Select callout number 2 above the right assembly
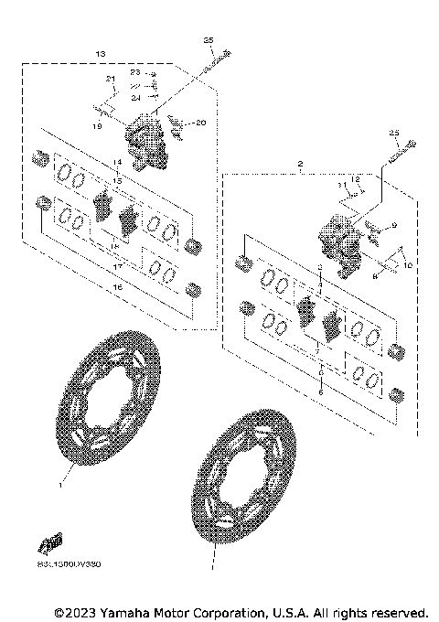point(299,165)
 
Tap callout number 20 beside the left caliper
point(202,123)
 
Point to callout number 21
point(111,80)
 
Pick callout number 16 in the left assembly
point(115,288)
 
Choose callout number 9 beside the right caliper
point(393,225)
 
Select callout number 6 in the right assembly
point(320,391)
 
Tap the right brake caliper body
point(339,241)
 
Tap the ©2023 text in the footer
point(75,611)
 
